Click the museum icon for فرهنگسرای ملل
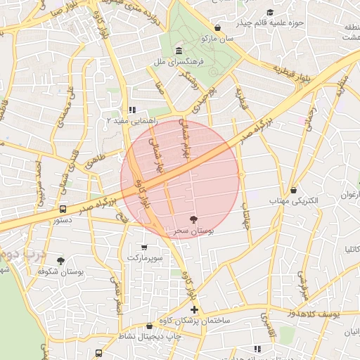[179, 51]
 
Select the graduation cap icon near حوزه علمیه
[271, 12]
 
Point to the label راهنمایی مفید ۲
[126, 121]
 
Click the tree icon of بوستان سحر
[194, 219]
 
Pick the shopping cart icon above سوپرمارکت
[145, 247]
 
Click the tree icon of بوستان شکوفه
[61, 260]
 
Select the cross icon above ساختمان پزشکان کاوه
[194, 309]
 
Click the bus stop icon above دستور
[63, 209]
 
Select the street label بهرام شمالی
[186, 144]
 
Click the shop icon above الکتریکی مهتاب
[293, 190]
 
